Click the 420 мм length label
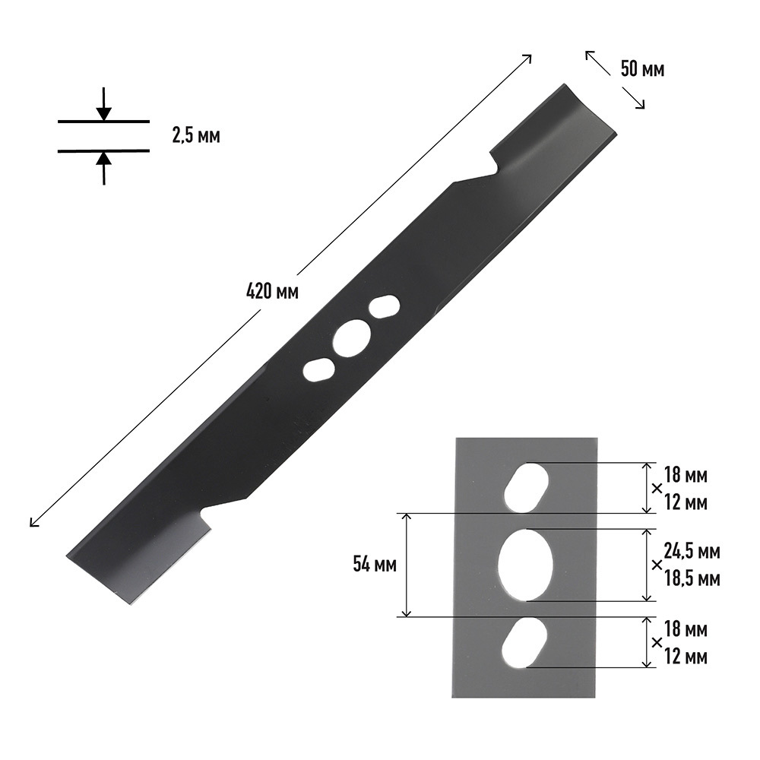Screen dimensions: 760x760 click(272, 292)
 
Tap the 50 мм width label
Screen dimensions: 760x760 click(642, 69)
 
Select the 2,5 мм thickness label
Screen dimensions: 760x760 click(196, 136)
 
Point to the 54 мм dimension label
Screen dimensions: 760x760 click(375, 565)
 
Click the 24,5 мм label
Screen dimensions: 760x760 click(692, 552)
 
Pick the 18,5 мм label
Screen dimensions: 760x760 click(692, 578)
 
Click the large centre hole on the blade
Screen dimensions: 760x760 click(352, 338)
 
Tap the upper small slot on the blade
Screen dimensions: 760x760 click(385, 306)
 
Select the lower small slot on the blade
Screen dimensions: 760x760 click(318, 370)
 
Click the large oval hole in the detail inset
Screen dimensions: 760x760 click(526, 565)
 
